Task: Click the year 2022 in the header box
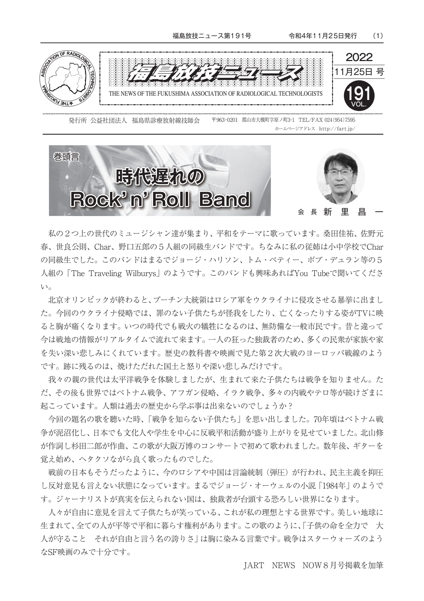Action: pos(359,57)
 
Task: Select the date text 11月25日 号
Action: pos(359,71)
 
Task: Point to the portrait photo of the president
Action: pos(340,176)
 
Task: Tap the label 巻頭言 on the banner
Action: pos(66,157)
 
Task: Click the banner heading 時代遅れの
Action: pos(160,176)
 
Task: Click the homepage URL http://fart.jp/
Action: pos(337,129)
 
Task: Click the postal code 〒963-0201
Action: pos(224,120)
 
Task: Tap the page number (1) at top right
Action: pos(378,36)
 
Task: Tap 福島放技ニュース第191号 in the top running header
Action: pos(212,36)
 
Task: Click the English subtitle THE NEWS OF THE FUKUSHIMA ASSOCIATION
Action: pos(215,94)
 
